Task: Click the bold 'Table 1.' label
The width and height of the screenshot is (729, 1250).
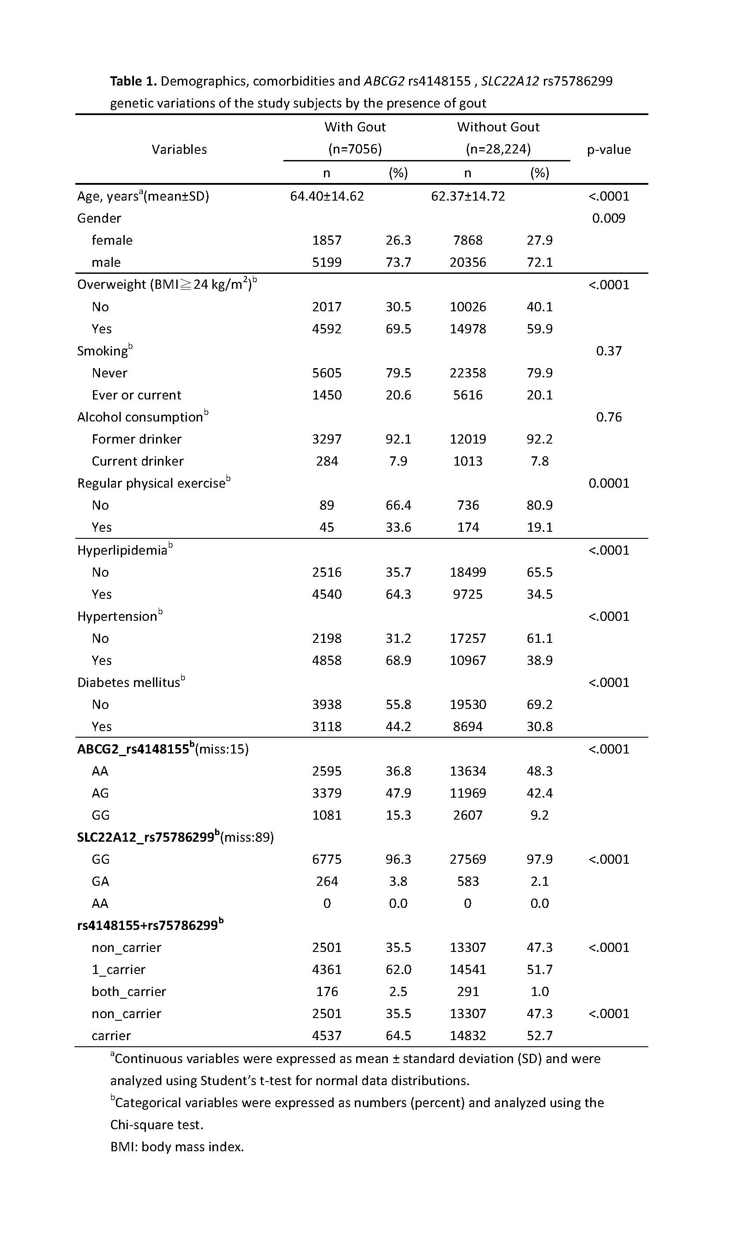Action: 133,81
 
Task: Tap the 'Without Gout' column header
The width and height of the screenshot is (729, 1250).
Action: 498,127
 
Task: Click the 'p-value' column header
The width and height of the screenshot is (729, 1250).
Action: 609,149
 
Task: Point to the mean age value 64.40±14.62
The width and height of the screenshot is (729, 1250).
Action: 327,196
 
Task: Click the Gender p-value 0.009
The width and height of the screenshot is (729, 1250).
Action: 609,218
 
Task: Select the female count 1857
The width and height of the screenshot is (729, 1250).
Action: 327,240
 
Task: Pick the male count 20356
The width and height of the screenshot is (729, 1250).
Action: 468,262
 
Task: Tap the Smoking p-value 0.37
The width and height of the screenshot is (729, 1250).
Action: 609,351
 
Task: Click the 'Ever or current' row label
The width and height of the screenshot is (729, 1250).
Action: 136,395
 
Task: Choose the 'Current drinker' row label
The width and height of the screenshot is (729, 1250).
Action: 138,461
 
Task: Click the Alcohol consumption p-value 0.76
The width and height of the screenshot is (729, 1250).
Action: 609,417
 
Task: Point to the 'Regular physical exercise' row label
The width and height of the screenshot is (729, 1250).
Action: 151,483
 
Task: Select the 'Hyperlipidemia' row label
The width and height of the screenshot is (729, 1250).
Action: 123,550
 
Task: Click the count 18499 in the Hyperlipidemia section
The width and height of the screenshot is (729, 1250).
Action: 468,572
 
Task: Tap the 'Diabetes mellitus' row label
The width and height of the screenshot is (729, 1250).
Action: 128,683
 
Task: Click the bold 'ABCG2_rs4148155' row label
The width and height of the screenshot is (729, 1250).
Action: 133,749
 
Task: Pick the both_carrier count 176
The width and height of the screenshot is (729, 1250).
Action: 327,992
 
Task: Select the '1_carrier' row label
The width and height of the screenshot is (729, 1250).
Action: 118,969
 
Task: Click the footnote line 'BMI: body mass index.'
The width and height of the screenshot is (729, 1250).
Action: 177,1146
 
